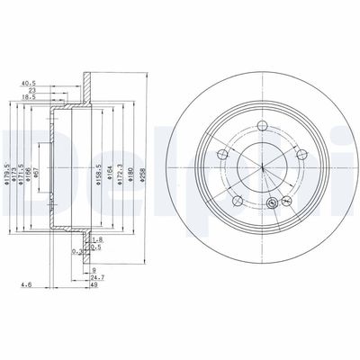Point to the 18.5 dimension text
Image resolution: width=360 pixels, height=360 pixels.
31,99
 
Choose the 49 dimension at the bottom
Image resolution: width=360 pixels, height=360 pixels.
96,286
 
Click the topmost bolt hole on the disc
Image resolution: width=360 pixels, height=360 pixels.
263,127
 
